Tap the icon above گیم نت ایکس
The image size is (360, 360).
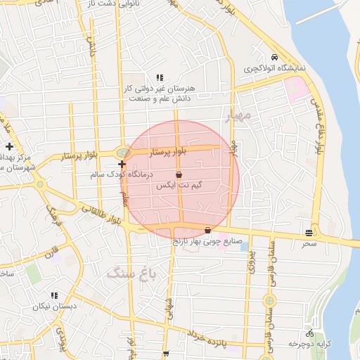(x=179, y=174)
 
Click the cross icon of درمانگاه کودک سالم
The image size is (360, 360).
(x=122, y=164)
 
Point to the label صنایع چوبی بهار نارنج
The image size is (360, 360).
(x=208, y=240)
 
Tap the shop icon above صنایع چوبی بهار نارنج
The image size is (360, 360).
(x=207, y=230)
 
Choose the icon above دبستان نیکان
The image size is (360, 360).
(x=54, y=295)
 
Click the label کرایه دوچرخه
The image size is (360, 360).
(x=309, y=343)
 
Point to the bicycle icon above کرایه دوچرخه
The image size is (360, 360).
(x=309, y=333)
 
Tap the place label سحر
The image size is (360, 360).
(x=309, y=243)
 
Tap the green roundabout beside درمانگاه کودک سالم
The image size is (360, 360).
(x=122, y=153)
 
